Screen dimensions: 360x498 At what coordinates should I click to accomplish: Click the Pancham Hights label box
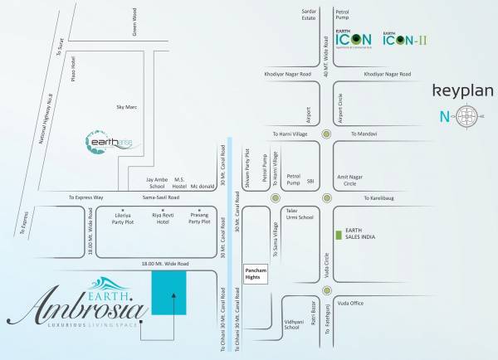point(256,275)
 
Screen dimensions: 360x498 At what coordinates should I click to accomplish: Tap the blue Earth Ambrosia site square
point(168,292)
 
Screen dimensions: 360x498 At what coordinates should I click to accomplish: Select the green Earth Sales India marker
point(337,236)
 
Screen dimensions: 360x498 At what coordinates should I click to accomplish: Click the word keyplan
point(462,90)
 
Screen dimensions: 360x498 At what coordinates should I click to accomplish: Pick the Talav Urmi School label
point(299,216)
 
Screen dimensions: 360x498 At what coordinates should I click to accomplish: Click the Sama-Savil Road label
point(158,198)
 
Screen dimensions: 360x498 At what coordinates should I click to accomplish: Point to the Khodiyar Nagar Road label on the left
point(288,75)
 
